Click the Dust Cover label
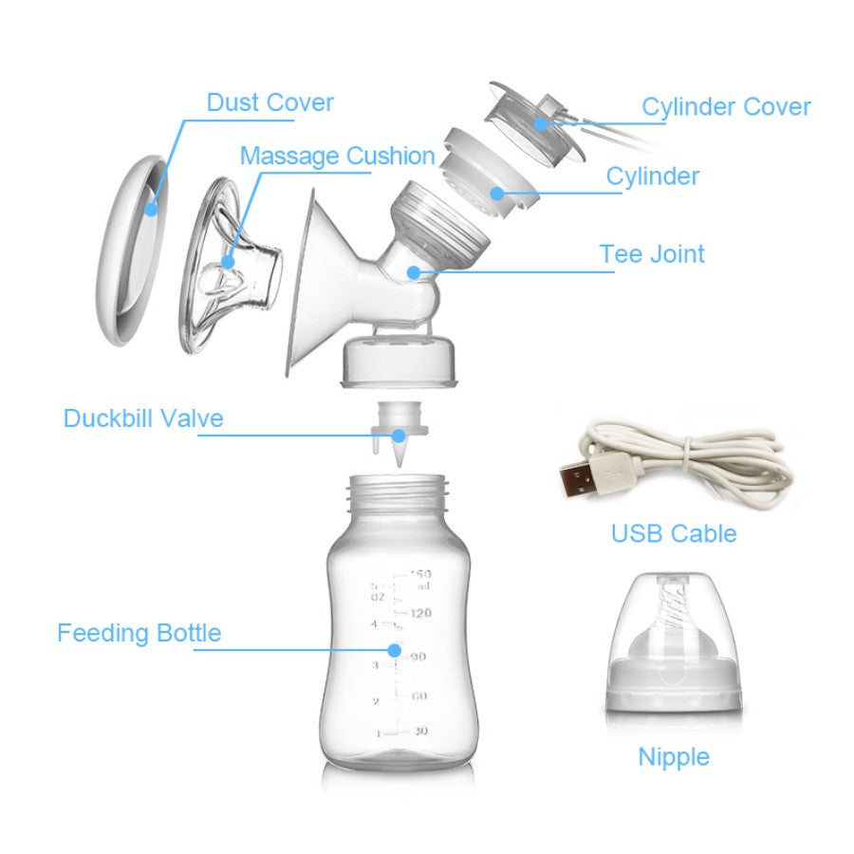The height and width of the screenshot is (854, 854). pos(270,102)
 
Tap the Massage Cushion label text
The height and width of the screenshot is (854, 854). pos(338,156)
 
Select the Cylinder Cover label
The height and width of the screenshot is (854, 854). pos(726,106)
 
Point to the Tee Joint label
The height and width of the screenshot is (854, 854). pos(651,253)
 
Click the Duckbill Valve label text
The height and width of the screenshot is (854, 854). pos(143,418)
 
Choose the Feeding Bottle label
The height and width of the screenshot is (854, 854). pos(139,633)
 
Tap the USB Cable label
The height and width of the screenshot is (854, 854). pos(674,533)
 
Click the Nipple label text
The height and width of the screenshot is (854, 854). pos(674,757)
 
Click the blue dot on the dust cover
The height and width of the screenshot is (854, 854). pos(151,208)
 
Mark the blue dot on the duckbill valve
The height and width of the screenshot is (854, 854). pos(399,436)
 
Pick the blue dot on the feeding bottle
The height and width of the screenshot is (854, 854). pos(395,650)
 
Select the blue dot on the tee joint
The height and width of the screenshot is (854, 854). pos(414,271)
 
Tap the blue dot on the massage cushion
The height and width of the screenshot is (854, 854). pos(228,262)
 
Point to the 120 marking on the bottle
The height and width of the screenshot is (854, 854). pos(420,613)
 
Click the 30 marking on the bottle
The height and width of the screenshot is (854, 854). pos(420,731)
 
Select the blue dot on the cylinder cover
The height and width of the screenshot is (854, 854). pos(540,123)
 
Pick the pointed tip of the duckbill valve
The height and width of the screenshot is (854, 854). pos(399,465)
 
